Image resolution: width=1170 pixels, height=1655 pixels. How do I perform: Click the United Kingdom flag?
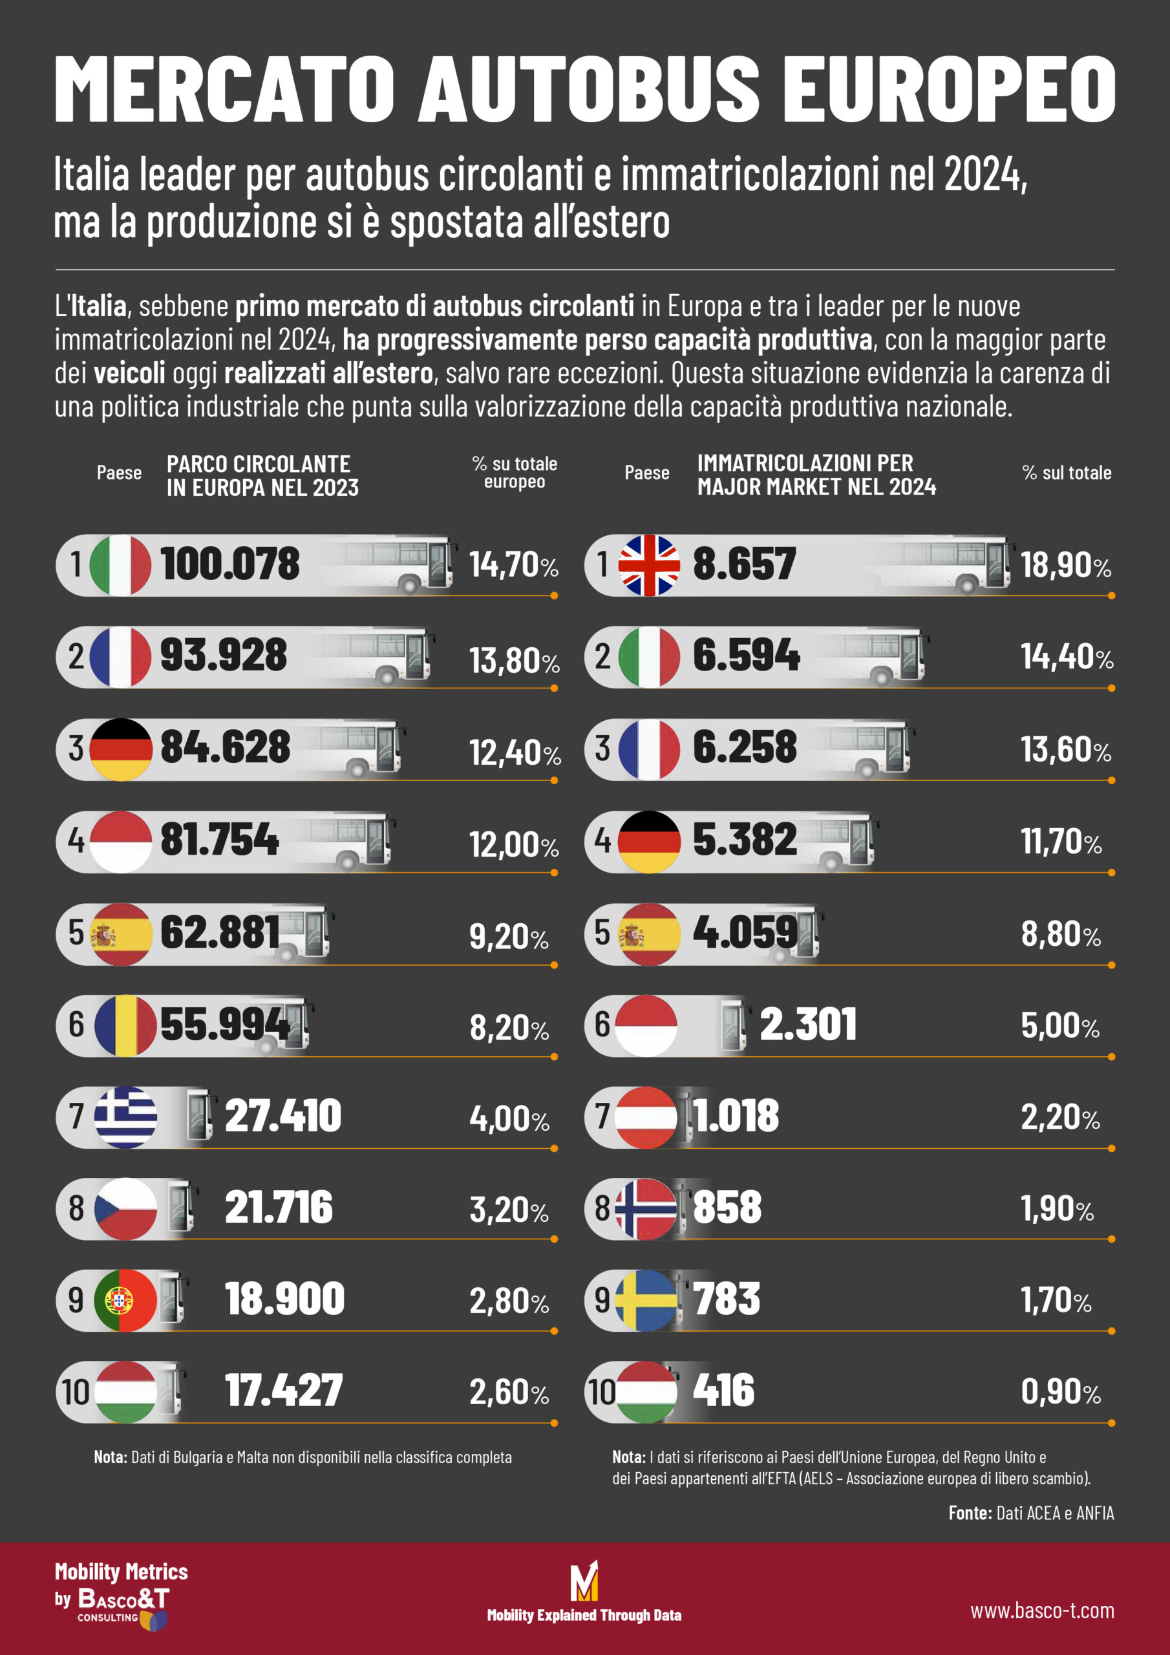coord(649,565)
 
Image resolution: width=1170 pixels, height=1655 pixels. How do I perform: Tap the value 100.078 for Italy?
coord(229,564)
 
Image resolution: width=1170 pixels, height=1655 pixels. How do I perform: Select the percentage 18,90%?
coord(1065,565)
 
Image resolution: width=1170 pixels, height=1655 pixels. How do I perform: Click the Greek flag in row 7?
coord(125,1116)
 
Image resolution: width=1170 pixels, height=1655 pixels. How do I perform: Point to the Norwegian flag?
coord(646,1209)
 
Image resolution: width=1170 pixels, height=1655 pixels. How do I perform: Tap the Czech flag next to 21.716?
coord(125,1209)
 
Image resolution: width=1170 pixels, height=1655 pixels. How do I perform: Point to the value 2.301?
coord(808,1025)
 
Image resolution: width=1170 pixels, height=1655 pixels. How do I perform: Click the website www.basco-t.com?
coord(1041,1611)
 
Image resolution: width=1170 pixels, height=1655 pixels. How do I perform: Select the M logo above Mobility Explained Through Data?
coord(584,1581)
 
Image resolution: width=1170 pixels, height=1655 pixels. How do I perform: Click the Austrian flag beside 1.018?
coord(646,1116)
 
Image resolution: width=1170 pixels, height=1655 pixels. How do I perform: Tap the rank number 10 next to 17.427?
coord(76,1393)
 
